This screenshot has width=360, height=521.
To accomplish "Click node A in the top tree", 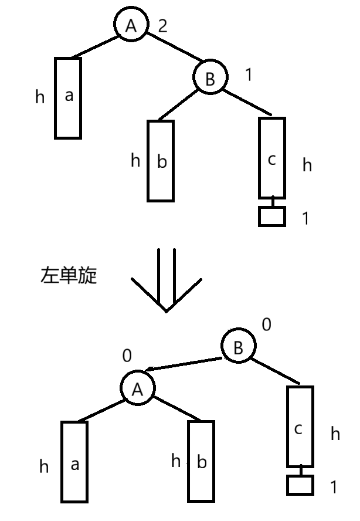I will coord(131,25).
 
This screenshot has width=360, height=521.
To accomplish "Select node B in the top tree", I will coord(210,77).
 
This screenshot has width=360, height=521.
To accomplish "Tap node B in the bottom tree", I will coord(237,347).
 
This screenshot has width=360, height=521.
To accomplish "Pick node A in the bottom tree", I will coord(137,388).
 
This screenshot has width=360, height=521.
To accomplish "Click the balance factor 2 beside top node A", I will coord(162,25).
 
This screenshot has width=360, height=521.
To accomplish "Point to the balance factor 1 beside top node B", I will coord(248,75).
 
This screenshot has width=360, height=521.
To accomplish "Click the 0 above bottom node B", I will coord(266,324).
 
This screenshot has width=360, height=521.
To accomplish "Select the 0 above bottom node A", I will coord(127,356).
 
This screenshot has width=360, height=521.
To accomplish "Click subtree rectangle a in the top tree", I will coord(68,97).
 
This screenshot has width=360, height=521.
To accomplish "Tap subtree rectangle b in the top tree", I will coord(161,161).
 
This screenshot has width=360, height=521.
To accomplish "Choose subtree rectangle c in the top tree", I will coord(271,158).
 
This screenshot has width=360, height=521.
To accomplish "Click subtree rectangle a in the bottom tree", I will coord(74,462).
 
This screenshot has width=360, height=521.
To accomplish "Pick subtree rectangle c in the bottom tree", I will coord(300,425).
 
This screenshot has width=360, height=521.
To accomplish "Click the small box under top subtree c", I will coord(271,216).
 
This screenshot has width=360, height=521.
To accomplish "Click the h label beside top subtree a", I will coord(40,97).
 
